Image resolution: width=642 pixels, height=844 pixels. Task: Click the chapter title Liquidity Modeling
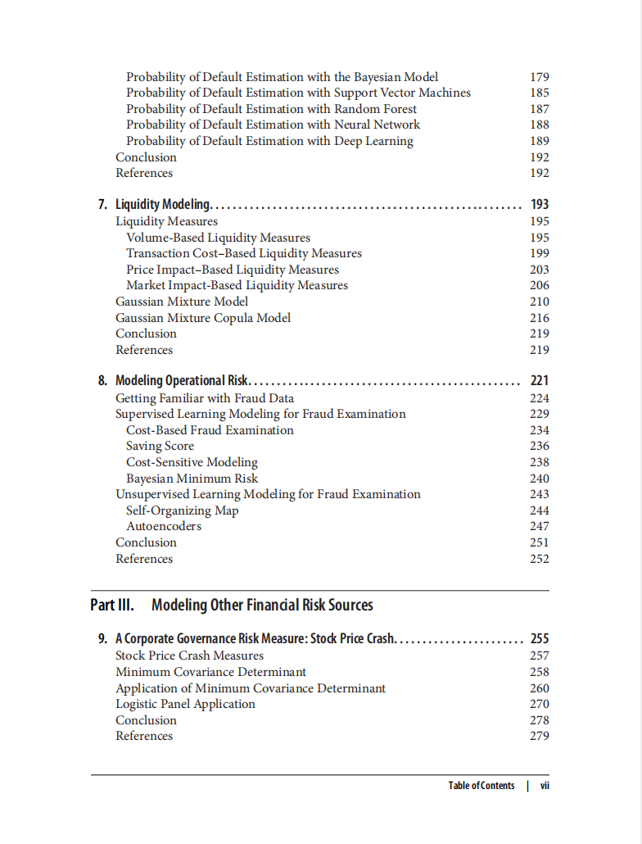(x=163, y=204)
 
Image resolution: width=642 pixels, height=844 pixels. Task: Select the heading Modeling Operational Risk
(x=181, y=380)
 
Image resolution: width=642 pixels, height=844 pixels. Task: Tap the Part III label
(x=111, y=606)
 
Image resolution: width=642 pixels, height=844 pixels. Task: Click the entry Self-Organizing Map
(x=182, y=510)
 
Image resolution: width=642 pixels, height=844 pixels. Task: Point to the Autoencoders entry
(x=163, y=526)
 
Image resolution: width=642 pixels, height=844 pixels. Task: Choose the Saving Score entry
(x=160, y=446)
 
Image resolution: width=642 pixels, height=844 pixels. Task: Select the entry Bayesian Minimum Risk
(x=192, y=479)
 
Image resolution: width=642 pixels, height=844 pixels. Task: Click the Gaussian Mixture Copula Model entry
(x=203, y=318)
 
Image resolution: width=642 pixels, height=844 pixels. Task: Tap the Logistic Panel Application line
(x=185, y=704)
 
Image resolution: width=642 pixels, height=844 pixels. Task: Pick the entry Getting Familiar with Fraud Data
(x=205, y=398)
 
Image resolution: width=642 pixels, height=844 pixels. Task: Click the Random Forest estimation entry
(x=271, y=109)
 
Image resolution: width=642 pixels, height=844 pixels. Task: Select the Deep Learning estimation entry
(x=269, y=141)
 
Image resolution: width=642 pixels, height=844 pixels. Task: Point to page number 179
(x=540, y=77)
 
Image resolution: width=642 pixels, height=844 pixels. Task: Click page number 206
(x=540, y=285)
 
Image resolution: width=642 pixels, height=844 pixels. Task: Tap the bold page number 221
(x=540, y=380)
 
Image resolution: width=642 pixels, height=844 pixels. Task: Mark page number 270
(x=540, y=704)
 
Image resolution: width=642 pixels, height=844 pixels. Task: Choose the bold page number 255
(x=540, y=638)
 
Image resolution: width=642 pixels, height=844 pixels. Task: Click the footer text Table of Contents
(x=481, y=786)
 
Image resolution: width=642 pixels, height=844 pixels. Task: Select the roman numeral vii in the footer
(x=545, y=786)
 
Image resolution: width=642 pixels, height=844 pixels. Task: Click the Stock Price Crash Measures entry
(x=189, y=656)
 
